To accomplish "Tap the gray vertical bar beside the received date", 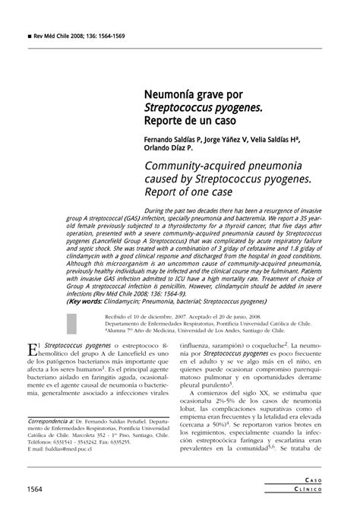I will click(71, 321).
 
